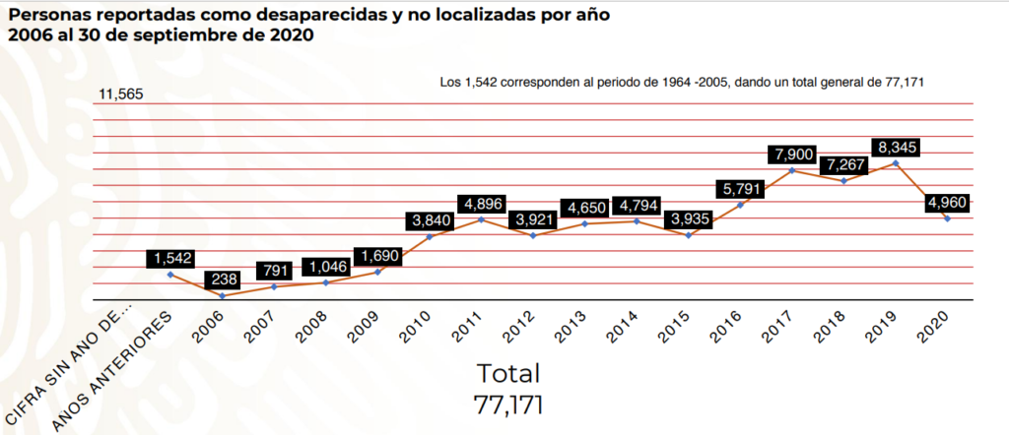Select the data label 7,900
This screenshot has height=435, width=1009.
[x=795, y=155]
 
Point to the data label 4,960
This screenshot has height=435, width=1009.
[x=947, y=204]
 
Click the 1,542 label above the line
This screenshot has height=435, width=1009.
[x=173, y=259]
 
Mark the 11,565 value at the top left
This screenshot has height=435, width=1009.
[x=121, y=94]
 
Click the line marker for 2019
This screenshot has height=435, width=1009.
[x=895, y=162]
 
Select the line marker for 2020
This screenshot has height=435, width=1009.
[x=947, y=218]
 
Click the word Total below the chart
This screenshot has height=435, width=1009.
[x=508, y=374]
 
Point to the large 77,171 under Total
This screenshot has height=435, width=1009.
[x=508, y=404]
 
